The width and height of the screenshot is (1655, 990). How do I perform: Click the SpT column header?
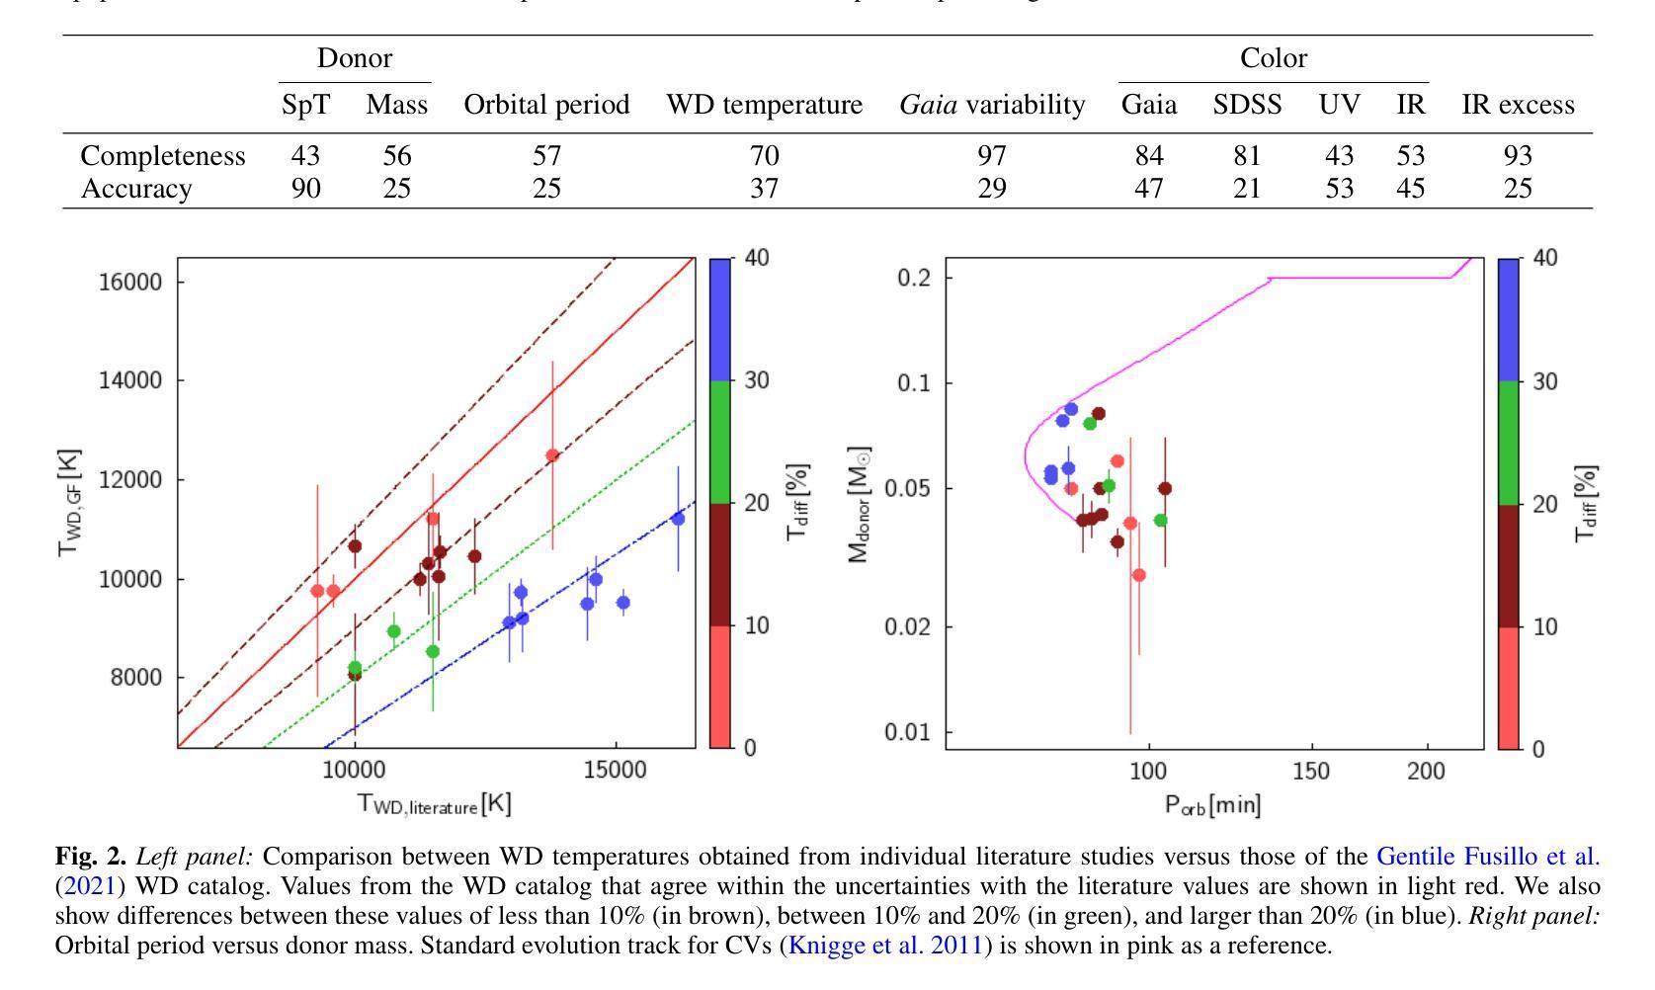305,105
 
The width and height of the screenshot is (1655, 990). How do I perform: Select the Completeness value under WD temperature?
764,156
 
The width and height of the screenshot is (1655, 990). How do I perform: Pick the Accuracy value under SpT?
305,189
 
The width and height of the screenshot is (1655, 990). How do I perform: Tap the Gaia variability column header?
991,105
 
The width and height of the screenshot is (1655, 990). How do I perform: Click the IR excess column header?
1518,105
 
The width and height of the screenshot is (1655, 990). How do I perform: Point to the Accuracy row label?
135,189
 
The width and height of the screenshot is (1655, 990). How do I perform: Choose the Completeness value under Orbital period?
546,156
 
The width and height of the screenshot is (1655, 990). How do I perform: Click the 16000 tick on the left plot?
129,282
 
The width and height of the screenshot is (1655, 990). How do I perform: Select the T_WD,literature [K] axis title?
434,804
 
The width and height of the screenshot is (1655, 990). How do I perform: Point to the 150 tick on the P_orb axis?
1311,771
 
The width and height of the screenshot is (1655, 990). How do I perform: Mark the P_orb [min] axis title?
1212,804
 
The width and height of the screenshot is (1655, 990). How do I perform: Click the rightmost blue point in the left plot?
678,519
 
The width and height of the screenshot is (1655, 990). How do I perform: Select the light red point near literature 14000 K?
552,455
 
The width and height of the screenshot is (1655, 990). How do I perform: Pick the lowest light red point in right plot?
1139,575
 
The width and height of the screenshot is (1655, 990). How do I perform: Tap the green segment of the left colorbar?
720,442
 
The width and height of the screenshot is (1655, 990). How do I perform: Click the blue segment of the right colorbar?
1509,319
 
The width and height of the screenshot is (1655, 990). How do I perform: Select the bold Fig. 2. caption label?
91,857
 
